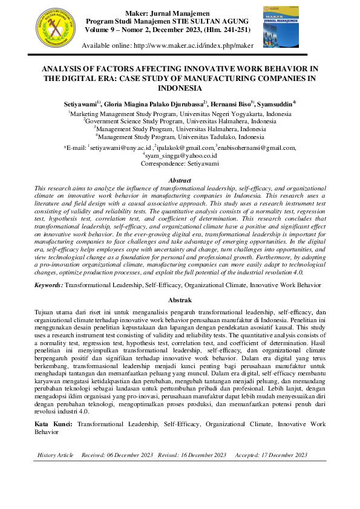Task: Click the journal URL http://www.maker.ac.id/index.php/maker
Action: click(201, 46)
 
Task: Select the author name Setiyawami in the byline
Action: click(82, 104)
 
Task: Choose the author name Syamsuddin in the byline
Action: click(275, 104)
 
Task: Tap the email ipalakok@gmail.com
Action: click(185, 148)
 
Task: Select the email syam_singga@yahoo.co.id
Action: click(180, 155)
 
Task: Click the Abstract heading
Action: click(180, 180)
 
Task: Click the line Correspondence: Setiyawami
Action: click(180, 163)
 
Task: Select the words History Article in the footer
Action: click(56, 455)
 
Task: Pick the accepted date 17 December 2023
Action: click(284, 455)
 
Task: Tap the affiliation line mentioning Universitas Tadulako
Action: click(180, 137)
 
